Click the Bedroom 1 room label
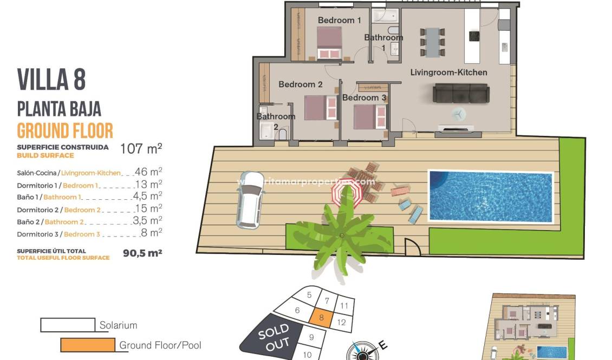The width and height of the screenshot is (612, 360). [339, 21]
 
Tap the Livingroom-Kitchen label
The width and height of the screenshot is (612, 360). [448, 73]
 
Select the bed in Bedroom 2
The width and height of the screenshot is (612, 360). [317, 107]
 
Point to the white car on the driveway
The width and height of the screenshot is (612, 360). [251, 199]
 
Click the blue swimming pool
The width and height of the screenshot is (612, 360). [490, 196]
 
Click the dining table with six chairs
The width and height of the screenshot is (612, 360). [432, 42]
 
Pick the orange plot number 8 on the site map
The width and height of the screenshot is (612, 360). [321, 318]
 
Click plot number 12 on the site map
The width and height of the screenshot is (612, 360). [341, 322]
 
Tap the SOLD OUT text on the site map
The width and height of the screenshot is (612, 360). [274, 337]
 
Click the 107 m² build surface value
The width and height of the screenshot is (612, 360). [141, 149]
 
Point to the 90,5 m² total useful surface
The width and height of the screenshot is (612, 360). [142, 252]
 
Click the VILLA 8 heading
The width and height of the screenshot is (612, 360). [51, 80]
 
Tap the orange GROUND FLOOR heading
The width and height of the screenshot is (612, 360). [65, 131]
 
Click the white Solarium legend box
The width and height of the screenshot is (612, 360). [68, 325]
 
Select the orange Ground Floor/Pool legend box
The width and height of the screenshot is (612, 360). [88, 345]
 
